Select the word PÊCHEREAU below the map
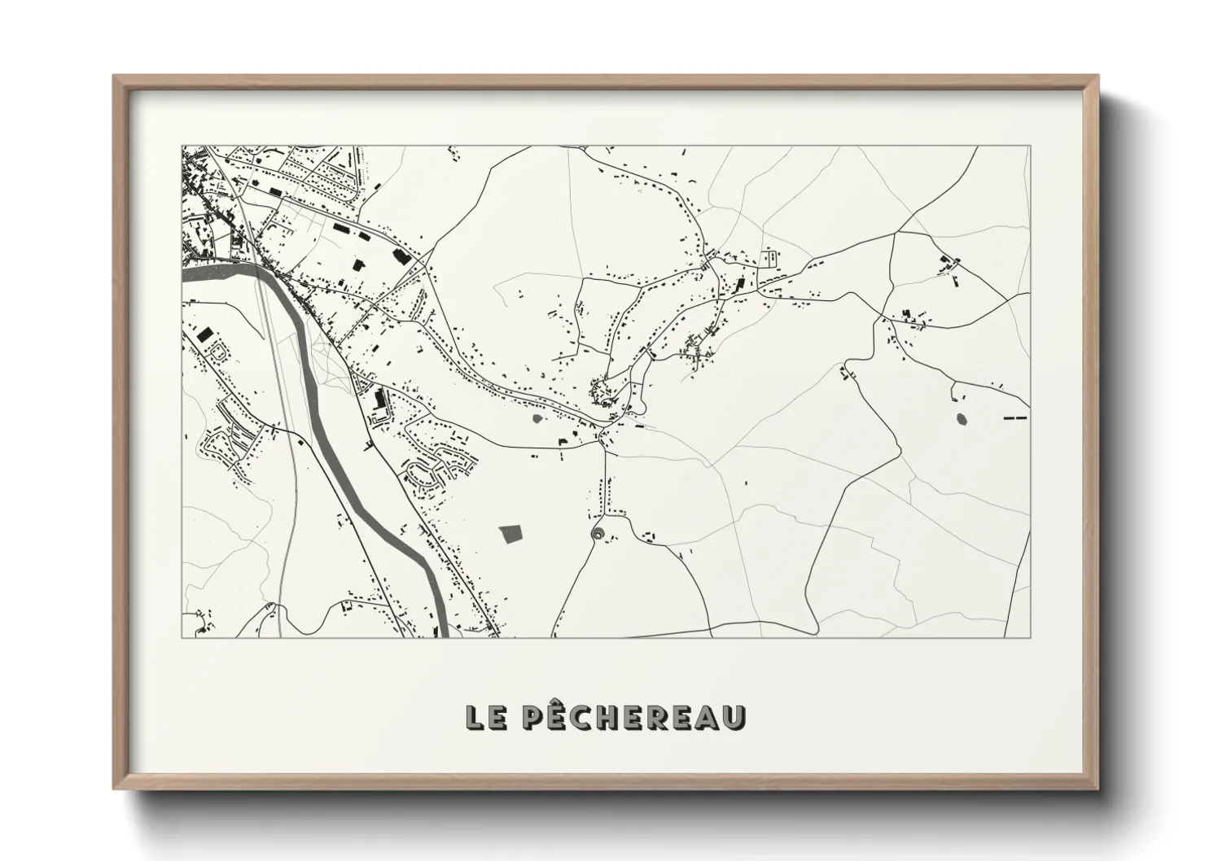click(633, 716)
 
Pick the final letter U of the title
click(735, 717)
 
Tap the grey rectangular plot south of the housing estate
click(511, 534)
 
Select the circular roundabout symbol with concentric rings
click(598, 533)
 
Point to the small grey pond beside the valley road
click(537, 418)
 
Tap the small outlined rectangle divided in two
click(769, 260)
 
